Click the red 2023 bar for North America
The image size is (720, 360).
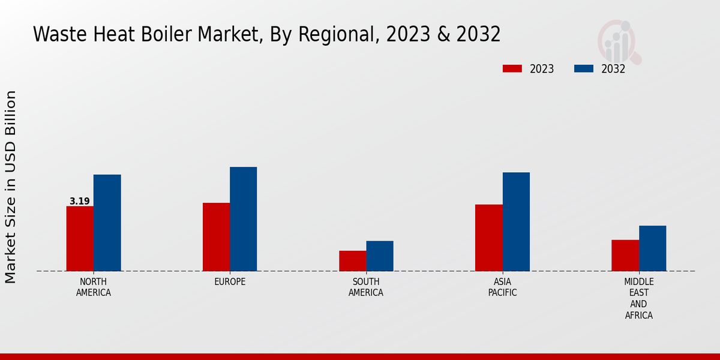pos(80,238)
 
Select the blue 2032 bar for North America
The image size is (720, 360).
pos(107,223)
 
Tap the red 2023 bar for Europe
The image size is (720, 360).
pos(216,236)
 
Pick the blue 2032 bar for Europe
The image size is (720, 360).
pos(243,219)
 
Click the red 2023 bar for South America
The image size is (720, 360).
pos(352,260)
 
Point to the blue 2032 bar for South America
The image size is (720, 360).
pos(380,256)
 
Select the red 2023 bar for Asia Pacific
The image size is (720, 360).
pos(488,238)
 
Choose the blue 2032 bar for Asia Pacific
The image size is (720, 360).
pos(516,221)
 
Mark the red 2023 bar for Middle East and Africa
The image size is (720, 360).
pos(625,255)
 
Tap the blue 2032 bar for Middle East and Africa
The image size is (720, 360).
pos(652,248)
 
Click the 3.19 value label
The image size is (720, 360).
pos(79,202)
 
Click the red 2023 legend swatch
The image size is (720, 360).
pos(512,68)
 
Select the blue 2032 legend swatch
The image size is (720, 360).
pos(584,68)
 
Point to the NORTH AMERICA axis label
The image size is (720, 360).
pos(94,287)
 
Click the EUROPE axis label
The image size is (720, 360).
pos(230,282)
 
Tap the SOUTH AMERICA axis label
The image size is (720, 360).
pos(366,287)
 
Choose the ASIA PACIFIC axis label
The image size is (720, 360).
pos(502,287)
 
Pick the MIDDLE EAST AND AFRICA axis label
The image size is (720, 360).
pos(639,298)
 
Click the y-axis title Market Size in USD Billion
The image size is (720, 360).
pos(11,187)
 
